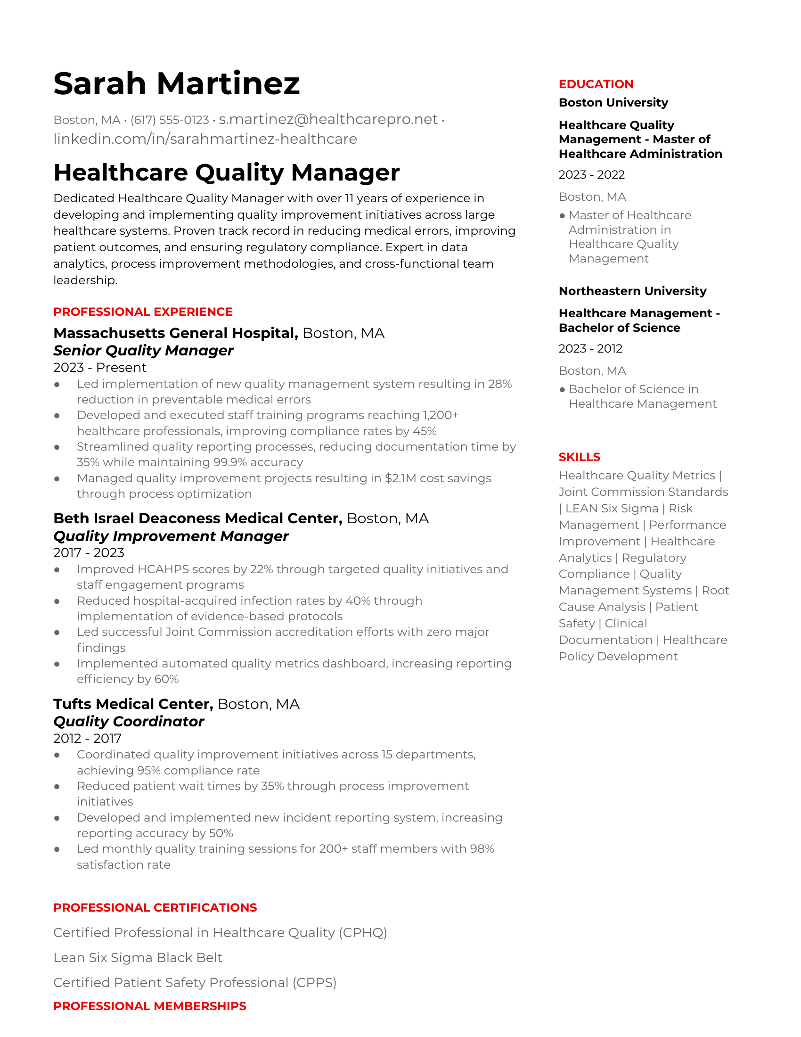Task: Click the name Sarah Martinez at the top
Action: pos(176,83)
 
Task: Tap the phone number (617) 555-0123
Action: pos(170,120)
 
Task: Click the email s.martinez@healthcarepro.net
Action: pos(328,120)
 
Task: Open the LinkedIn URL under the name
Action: pos(205,139)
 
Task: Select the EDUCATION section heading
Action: pos(596,84)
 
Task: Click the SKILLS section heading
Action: pos(579,457)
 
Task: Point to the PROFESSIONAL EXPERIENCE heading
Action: pos(143,312)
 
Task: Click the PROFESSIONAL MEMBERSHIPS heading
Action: pos(149,1006)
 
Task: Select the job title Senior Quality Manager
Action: pos(143,350)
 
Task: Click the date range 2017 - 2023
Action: pos(89,553)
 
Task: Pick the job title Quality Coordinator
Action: pos(129,721)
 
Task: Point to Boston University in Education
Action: pos(613,103)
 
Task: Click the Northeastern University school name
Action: pos(632,291)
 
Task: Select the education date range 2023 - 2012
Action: pos(590,348)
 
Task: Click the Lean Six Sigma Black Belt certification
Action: pos(138,957)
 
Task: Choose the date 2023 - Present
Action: pos(99,368)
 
